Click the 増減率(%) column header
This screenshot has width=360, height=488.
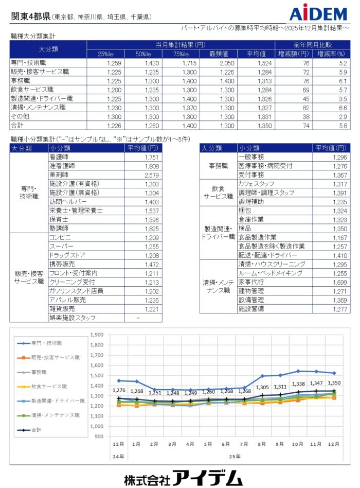pos(330,54)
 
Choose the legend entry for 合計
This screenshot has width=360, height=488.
pos(38,429)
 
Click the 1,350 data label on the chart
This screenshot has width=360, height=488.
pos(334,383)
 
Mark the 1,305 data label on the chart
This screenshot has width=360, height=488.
pos(262,388)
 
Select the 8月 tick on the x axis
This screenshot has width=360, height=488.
pos(262,444)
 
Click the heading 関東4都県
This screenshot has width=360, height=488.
pos(30,16)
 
